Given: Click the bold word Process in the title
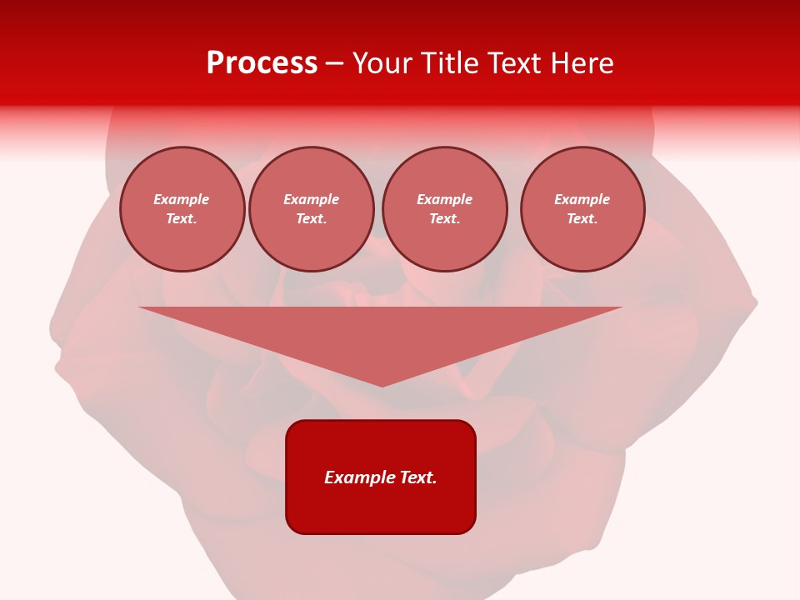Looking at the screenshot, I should click(x=262, y=63).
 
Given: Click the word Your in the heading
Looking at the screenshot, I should click(x=384, y=63).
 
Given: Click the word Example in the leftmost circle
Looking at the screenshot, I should click(x=182, y=199).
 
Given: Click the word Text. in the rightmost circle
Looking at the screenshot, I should click(x=582, y=218).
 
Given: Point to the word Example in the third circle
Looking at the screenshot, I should click(x=444, y=199).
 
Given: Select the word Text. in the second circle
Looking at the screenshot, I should click(x=311, y=218).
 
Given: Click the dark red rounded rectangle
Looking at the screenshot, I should click(x=381, y=508).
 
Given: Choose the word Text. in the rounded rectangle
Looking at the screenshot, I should click(x=418, y=477).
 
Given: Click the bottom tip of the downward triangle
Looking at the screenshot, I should click(x=382, y=384).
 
